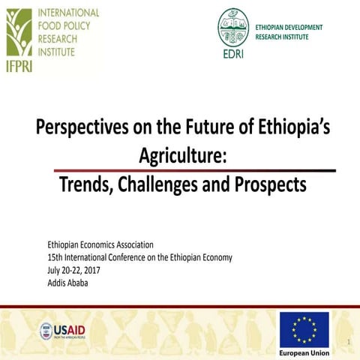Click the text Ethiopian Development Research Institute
pyautogui.click(x=289, y=31)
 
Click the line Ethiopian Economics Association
pyautogui.click(x=100, y=245)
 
